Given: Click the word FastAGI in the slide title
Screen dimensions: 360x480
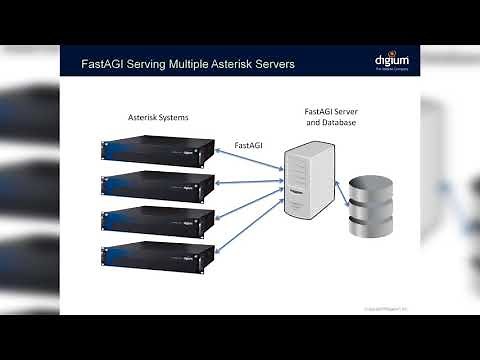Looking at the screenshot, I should coord(105,65).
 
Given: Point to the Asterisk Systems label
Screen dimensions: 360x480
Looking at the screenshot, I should coord(158,118).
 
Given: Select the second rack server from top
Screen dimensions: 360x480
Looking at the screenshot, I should coord(158,185).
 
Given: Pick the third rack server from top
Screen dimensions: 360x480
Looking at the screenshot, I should coord(158,220).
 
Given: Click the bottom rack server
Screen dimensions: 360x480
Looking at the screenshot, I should coord(158,254).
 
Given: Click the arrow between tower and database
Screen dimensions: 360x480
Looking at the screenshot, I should coord(339,189).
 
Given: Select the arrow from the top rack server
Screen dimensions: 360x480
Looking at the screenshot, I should coord(249,162).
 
